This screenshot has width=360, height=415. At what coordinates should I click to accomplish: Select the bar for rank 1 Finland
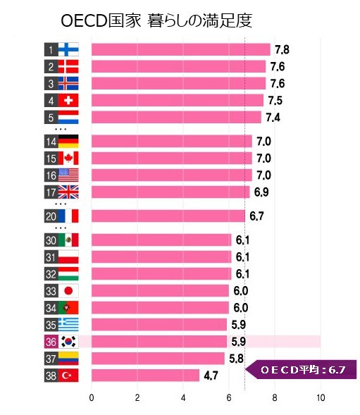point(180,49)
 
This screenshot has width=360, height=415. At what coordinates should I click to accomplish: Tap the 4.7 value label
point(211,376)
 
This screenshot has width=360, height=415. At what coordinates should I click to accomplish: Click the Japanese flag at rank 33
point(69,291)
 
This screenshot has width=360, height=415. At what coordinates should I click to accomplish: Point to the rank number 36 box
point(51,342)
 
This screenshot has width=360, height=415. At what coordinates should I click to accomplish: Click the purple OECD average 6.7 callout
point(302,368)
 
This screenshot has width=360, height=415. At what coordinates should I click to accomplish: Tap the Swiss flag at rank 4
point(69,100)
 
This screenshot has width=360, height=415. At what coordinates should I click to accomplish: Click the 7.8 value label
point(281,49)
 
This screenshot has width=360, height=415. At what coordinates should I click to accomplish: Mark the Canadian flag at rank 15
point(69,158)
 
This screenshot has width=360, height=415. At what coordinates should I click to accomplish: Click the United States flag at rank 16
point(69,175)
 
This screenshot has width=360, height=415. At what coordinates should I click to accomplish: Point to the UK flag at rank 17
point(69,192)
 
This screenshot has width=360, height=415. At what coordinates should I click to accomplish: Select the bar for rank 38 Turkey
point(145,375)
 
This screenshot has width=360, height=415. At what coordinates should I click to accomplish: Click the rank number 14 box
point(51,141)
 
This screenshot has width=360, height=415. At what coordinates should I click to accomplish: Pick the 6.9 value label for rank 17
point(261,192)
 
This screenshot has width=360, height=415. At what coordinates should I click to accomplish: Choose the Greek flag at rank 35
point(69,324)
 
